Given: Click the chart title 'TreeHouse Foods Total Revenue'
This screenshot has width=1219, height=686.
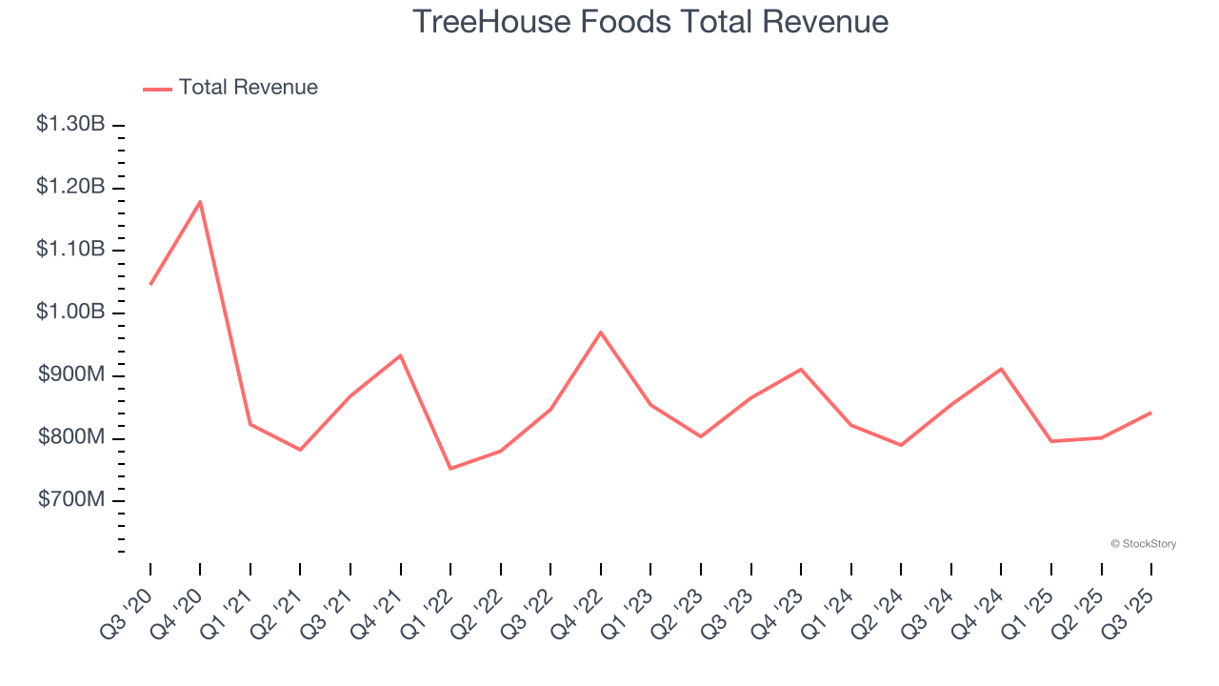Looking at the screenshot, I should pos(650,22).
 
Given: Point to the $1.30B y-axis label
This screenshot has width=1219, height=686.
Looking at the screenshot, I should pos(70,124).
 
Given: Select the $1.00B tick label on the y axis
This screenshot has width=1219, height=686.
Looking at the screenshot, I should pos(70,313).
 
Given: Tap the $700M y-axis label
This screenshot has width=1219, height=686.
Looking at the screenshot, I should pos(70,500).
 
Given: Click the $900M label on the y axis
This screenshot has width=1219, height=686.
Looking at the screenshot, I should pos(70,375).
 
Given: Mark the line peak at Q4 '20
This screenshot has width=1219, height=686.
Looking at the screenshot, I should pos(200,201).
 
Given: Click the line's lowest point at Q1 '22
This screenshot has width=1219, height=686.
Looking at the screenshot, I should pos(450,469).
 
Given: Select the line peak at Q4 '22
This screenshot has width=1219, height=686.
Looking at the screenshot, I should pos(601,332).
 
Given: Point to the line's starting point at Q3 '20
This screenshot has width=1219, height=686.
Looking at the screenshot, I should pos(150,284).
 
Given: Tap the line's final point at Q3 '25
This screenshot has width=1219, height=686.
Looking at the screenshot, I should pos(1151,413).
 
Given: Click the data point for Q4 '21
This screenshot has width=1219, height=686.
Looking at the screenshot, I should pos(400,355).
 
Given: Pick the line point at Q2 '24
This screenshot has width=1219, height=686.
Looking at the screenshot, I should pos(901,445).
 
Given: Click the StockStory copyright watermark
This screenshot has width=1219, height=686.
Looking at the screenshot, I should pos(1143,544).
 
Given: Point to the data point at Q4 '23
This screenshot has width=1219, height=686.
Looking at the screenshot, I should pos(801,369).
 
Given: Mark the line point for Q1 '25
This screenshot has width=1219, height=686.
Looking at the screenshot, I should pos(1051,441).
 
